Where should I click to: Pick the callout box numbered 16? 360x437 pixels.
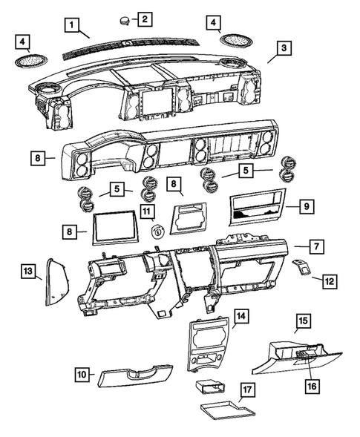(x=311, y=386)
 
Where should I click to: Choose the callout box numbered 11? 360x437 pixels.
(x=147, y=213)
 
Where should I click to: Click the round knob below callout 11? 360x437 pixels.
(x=157, y=231)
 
